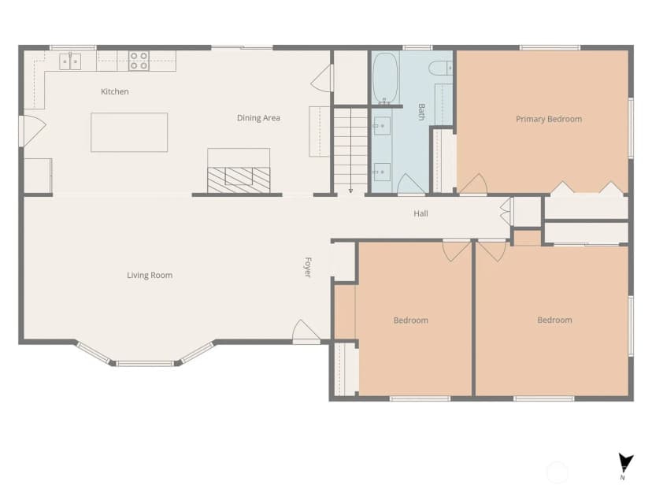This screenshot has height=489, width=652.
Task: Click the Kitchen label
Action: tap(115, 91)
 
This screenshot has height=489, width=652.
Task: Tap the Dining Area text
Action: tap(258, 118)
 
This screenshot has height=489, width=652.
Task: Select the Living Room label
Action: tap(150, 276)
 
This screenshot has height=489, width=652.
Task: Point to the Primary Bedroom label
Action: tap(549, 120)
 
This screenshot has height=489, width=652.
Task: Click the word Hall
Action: tap(420, 213)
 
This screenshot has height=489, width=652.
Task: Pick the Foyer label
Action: tap(308, 268)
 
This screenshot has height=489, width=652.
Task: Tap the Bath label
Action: tap(421, 112)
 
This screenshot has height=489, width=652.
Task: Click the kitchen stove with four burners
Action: tap(139, 61)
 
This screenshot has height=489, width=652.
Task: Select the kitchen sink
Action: tap(70, 61)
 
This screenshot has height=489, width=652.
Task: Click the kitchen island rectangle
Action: tap(129, 132)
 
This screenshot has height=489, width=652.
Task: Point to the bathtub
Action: tap(386, 78)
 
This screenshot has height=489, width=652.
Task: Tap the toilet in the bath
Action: tap(441, 68)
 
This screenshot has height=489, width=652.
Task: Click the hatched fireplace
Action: tap(239, 180)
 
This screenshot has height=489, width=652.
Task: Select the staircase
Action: tap(350, 150)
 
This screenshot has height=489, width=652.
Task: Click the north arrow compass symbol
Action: tap(624, 465)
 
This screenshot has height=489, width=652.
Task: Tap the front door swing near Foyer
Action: tap(306, 331)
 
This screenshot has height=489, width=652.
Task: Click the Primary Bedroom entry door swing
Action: tap(472, 183)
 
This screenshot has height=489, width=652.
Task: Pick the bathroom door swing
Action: tap(411, 184)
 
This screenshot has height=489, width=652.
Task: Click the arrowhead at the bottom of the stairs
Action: tap(350, 191)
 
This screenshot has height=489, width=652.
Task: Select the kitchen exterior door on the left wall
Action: tap(32, 131)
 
